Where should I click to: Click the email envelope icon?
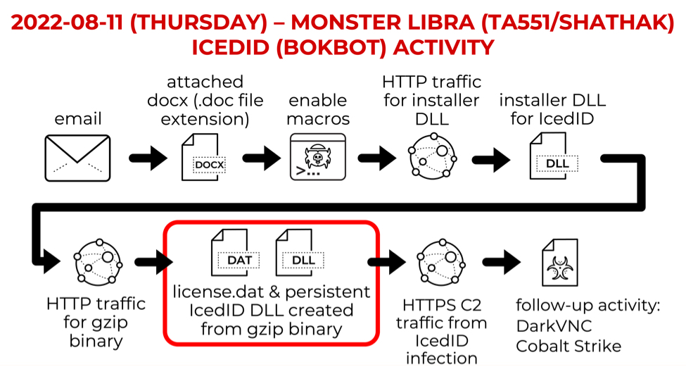[77, 158]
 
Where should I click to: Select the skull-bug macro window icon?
[318, 157]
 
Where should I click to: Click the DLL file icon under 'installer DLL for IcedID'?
[554, 156]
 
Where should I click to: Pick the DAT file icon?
[236, 253]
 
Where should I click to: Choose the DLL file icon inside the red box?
[300, 253]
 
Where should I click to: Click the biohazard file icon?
[559, 262]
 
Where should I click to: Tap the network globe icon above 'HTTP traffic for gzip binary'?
[98, 262]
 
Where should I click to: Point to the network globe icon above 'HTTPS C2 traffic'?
[441, 262]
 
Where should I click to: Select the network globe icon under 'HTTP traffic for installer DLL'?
[432, 156]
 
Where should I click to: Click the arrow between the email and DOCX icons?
[148, 158]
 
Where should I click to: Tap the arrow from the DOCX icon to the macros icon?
[262, 158]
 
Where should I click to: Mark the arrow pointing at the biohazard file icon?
[502, 262]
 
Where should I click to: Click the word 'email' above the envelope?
[78, 119]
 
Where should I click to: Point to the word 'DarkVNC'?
[554, 326]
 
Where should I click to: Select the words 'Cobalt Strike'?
[569, 346]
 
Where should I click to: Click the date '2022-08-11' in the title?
[67, 22]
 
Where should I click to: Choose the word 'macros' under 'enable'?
[318, 119]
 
